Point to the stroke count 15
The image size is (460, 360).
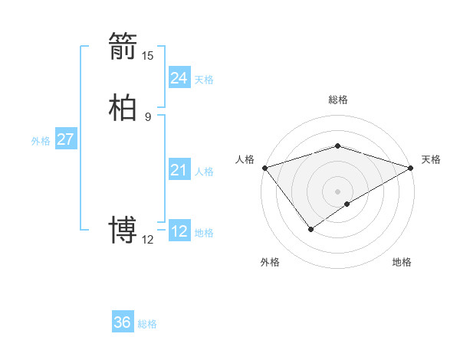click(148, 55)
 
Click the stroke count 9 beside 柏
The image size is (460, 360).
click(148, 116)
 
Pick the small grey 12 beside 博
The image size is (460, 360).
click(148, 239)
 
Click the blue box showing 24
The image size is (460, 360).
click(179, 78)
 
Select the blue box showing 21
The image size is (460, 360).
click(179, 170)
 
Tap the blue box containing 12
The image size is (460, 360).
click(179, 231)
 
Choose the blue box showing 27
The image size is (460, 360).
click(65, 139)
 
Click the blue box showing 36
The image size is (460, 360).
click(123, 322)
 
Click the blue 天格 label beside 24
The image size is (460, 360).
click(204, 80)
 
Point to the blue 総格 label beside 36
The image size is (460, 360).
click(147, 324)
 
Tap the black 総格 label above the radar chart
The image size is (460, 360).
click(338, 100)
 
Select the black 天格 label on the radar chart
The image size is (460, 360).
click(431, 159)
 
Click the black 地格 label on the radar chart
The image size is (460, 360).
click(402, 262)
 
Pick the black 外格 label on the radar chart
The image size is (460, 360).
click(270, 262)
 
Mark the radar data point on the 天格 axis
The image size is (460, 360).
click(412, 168)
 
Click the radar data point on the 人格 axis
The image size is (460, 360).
click(264, 168)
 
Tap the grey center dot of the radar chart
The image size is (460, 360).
click(338, 191)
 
